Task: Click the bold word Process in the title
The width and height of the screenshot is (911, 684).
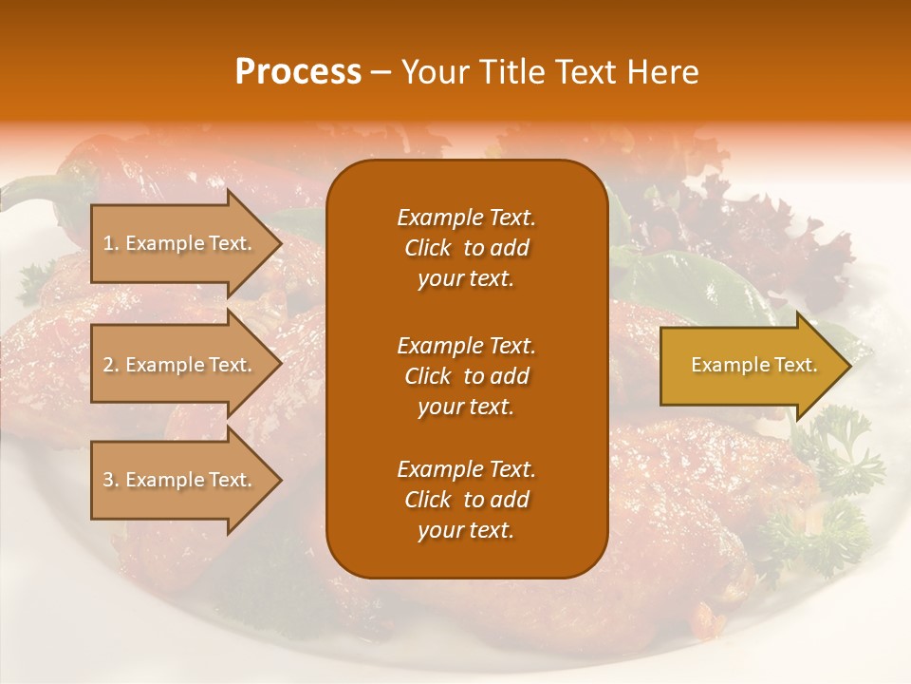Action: click(298, 72)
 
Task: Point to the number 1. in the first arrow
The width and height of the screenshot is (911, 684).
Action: click(110, 243)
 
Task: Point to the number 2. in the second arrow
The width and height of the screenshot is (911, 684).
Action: click(111, 365)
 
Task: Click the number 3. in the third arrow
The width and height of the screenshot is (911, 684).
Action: click(111, 480)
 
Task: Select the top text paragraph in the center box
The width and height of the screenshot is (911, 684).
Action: click(466, 248)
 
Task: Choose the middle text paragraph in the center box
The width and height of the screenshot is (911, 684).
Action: click(466, 376)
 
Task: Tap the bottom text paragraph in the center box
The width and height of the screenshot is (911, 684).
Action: click(466, 500)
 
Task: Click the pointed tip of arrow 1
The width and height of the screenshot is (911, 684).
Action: click(280, 243)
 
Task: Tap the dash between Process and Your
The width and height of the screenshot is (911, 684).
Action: click(381, 73)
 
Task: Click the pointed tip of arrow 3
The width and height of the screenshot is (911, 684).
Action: click(280, 480)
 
